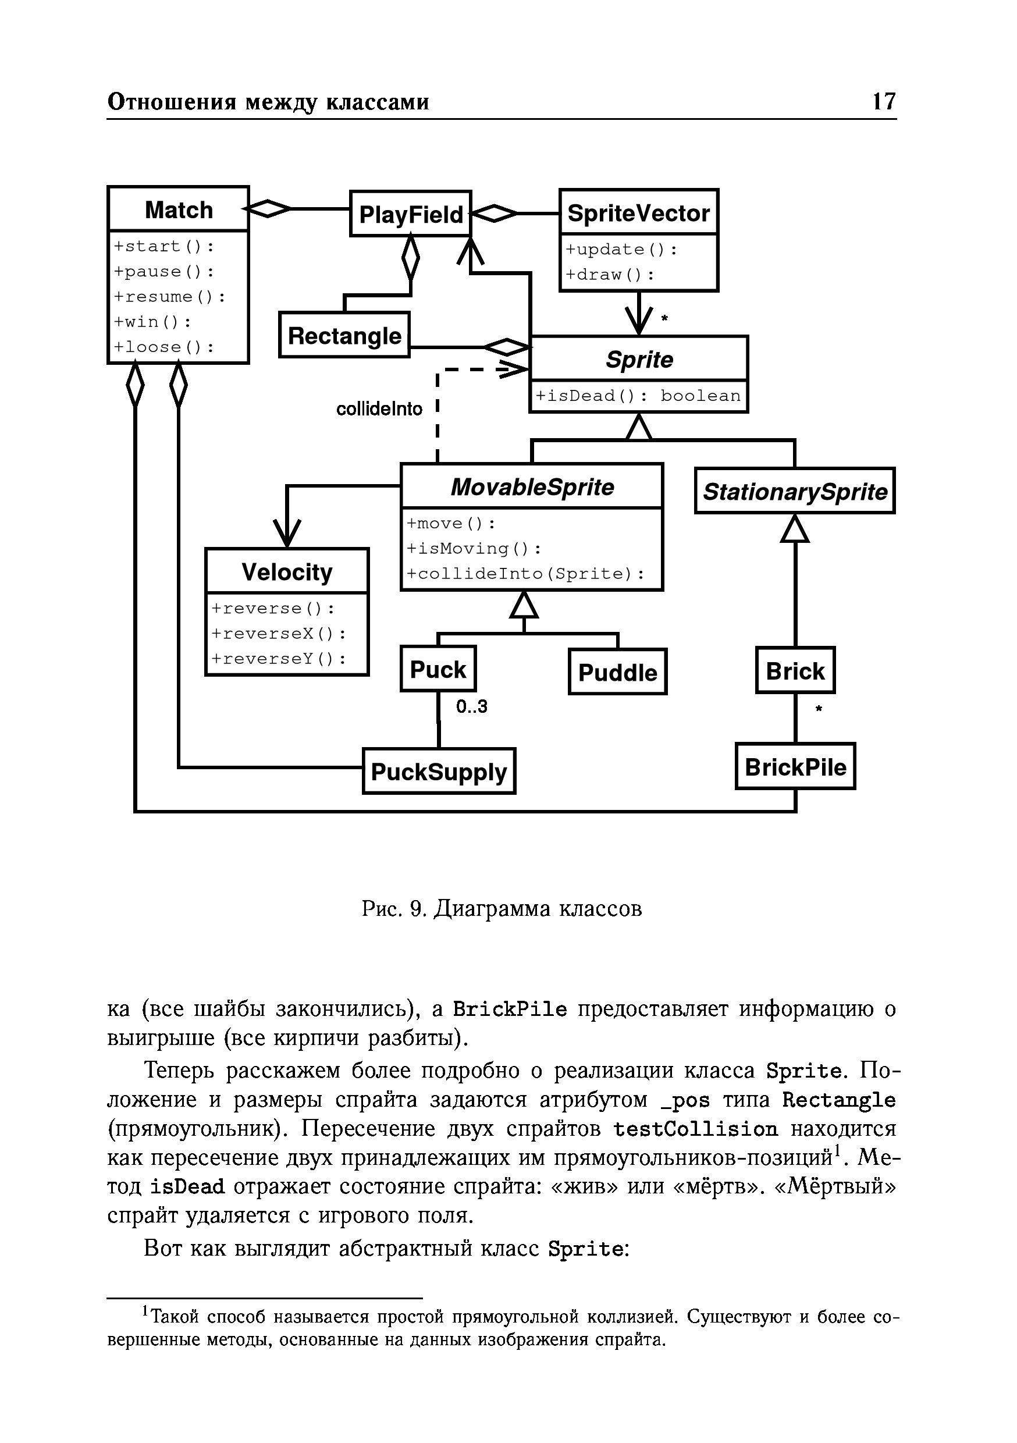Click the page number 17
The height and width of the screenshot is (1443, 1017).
(883, 101)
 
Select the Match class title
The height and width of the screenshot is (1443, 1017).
(179, 210)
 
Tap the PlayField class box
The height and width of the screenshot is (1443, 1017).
(410, 214)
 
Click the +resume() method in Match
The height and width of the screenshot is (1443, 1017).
(169, 297)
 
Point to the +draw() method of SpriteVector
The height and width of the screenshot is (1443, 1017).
(610, 275)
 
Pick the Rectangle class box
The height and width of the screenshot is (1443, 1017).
(344, 336)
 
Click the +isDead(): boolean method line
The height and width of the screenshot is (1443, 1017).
(638, 396)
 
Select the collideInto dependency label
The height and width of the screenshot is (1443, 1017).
(379, 409)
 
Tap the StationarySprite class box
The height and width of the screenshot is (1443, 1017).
(795, 491)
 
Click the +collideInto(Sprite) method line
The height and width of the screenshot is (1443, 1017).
(525, 574)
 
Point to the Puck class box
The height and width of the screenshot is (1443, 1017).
(438, 669)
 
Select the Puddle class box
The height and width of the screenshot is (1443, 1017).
(617, 673)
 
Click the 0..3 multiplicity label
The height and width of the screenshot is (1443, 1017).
(471, 707)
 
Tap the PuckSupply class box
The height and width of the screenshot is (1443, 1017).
(439, 772)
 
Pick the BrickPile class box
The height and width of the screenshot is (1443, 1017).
(795, 767)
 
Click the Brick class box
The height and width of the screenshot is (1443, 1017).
(795, 671)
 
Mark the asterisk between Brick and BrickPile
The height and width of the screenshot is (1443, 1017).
(819, 709)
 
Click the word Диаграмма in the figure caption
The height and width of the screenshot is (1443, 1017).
(493, 909)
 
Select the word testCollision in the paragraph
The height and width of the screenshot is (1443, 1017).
(695, 1129)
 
